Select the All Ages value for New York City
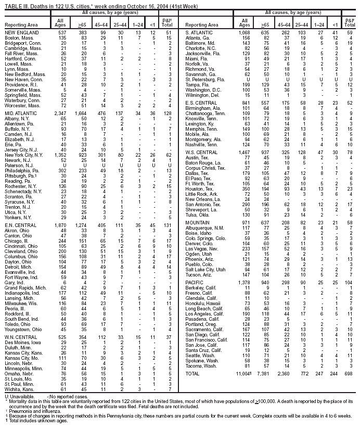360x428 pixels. (x=61, y=140)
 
